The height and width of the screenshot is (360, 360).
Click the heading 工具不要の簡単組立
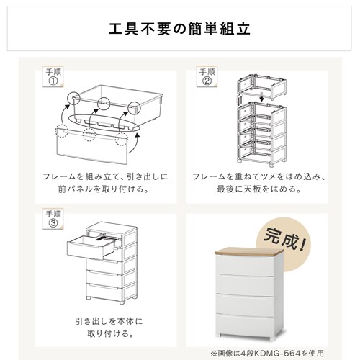[179, 29]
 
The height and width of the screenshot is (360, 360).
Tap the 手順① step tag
[53, 76]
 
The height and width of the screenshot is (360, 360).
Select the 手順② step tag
[207, 76]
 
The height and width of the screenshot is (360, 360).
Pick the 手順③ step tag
[53, 219]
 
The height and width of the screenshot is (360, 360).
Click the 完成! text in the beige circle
[284, 240]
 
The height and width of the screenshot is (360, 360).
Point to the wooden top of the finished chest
[249, 251]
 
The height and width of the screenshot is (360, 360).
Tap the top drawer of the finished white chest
[245, 265]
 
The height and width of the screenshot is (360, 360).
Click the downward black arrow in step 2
[262, 96]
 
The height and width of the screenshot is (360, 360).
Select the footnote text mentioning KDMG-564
[267, 353]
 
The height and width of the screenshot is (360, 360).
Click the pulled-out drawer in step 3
[91, 247]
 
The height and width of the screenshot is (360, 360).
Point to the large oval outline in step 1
[104, 123]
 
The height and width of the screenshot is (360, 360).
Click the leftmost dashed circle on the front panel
[62, 131]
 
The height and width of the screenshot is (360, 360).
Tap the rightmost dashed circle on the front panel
[122, 139]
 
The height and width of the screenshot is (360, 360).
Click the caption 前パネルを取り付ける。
[104, 189]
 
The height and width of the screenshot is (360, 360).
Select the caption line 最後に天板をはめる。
[259, 189]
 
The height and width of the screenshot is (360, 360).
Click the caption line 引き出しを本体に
[109, 321]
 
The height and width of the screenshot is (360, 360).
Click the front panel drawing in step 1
[92, 147]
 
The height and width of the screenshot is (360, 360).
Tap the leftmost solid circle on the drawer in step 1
[73, 98]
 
